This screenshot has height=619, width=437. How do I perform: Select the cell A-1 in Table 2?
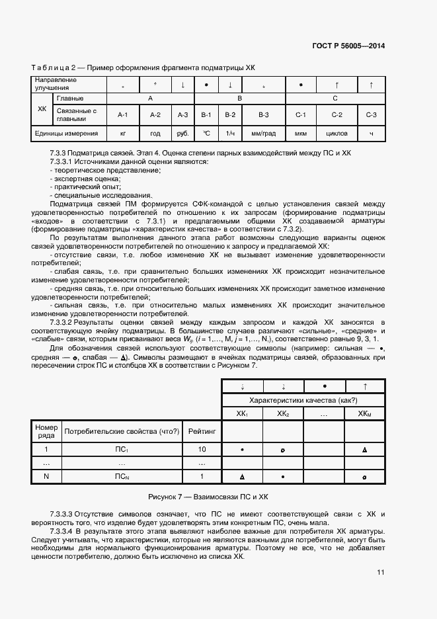(122, 115)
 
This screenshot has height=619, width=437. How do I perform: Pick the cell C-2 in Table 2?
(337, 115)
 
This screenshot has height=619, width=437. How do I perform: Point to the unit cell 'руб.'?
(182, 134)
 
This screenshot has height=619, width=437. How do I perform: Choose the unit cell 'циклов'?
(337, 134)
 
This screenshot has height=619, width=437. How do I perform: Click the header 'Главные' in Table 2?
(71, 98)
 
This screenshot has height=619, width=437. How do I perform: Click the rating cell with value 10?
(202, 450)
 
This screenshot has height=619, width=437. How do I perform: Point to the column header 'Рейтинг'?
(202, 431)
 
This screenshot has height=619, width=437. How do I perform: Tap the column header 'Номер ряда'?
(46, 431)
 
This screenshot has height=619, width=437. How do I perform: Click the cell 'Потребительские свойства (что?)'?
(122, 431)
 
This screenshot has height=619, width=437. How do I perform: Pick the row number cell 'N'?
(46, 476)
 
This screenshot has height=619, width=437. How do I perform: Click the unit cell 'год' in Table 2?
(155, 134)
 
